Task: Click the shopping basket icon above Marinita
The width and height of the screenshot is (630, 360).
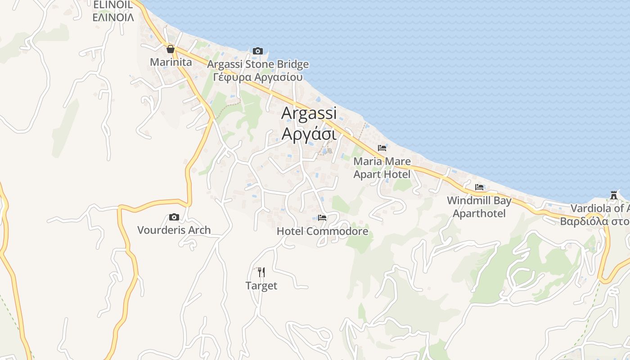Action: (x=171, y=49)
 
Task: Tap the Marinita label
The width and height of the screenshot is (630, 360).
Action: (x=171, y=62)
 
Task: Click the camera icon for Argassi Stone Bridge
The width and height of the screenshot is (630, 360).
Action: (x=258, y=51)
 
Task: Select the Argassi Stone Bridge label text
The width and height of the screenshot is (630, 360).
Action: (x=258, y=64)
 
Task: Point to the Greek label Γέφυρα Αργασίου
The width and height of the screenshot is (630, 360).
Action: (x=258, y=77)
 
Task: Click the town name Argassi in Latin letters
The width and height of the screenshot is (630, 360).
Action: (x=309, y=113)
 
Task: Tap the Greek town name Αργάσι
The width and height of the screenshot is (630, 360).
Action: (x=309, y=134)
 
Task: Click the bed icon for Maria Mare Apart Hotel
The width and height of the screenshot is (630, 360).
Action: (x=382, y=148)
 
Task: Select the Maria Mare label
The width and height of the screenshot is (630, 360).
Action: (x=382, y=161)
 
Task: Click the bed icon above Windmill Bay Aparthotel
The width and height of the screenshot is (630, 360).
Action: (x=479, y=187)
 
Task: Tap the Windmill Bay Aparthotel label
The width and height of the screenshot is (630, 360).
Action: (x=479, y=207)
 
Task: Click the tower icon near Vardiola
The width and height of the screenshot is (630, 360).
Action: (x=614, y=195)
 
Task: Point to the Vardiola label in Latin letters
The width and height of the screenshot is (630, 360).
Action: (x=600, y=208)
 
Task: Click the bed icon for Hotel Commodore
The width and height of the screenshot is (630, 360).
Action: (x=322, y=218)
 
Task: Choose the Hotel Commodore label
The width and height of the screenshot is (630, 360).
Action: (x=322, y=231)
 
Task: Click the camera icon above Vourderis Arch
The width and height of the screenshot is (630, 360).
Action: (x=174, y=217)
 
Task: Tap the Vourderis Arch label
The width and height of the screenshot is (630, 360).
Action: (x=174, y=230)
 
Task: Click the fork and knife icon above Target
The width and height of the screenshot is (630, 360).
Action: (x=261, y=272)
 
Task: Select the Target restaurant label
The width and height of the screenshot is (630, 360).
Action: (x=261, y=286)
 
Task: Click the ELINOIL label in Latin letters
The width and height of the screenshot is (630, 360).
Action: (x=113, y=5)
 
